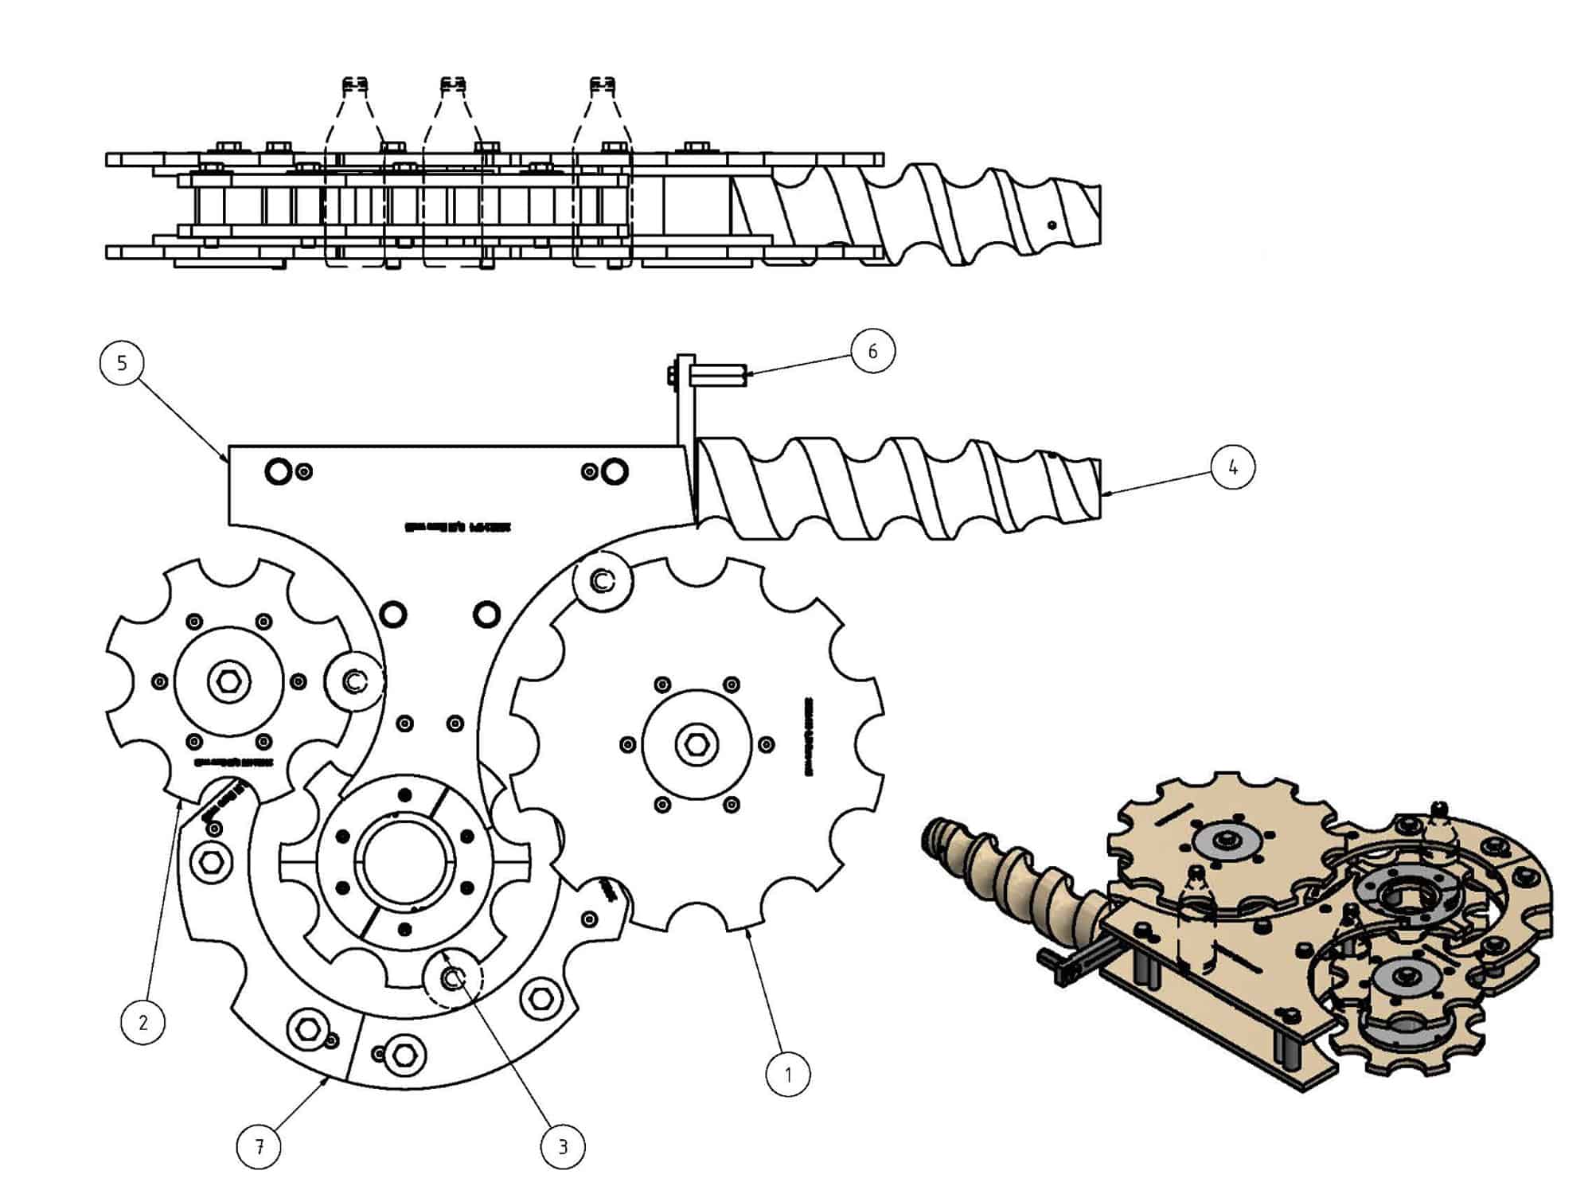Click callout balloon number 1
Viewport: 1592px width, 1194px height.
[x=788, y=1075]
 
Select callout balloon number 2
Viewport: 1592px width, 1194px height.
[x=143, y=1021]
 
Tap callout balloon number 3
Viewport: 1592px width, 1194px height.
[x=563, y=1146]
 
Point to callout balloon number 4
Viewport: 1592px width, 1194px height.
[x=1232, y=467]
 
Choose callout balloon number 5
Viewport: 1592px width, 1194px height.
[x=122, y=363]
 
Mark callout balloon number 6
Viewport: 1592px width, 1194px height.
[x=872, y=351]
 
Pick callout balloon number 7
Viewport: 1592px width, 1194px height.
[x=259, y=1146]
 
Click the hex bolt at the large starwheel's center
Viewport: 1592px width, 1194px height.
[x=696, y=744]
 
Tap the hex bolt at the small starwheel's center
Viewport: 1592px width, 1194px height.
[x=229, y=681]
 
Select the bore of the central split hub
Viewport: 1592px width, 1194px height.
[x=405, y=861]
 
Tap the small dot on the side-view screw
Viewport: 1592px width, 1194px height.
[x=1052, y=225]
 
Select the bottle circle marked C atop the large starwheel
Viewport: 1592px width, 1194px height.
[x=603, y=581]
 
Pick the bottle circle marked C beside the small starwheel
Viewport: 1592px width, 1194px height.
[x=354, y=681]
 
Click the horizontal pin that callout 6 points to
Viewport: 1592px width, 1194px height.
[x=718, y=375]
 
